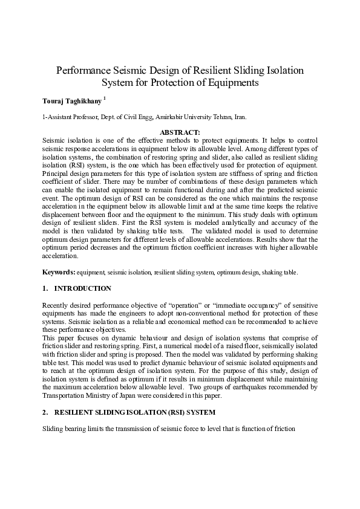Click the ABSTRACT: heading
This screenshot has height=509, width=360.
click(x=179, y=131)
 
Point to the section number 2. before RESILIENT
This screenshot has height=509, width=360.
click(x=45, y=413)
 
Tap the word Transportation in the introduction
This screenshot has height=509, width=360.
click(x=64, y=397)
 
